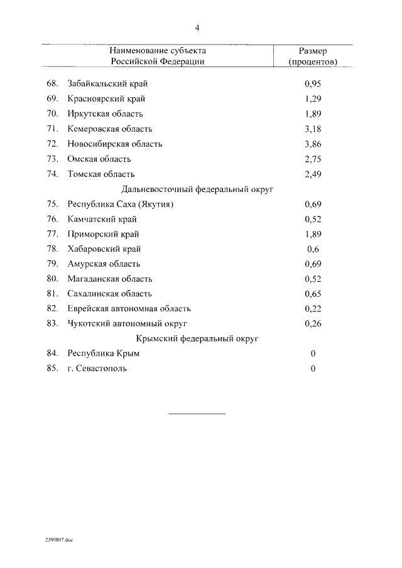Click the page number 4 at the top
click(x=197, y=28)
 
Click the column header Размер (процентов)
click(x=312, y=56)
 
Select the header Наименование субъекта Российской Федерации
click(x=158, y=56)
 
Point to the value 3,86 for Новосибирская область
click(x=313, y=144)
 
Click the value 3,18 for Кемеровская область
click(x=313, y=129)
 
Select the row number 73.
click(x=52, y=159)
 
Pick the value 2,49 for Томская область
click(x=313, y=174)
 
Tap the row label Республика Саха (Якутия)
click(x=120, y=204)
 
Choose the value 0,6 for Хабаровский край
click(x=313, y=249)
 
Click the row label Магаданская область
click(x=110, y=279)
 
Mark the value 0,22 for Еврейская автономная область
click(x=313, y=309)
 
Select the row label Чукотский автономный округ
click(x=128, y=324)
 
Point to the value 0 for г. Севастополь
click(x=313, y=368)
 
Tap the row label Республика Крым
click(x=104, y=354)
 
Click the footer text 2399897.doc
click(x=59, y=540)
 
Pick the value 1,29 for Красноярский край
click(x=313, y=99)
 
